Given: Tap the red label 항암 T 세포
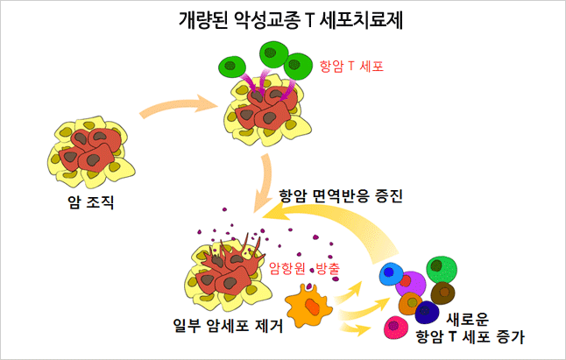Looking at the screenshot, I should (351, 66).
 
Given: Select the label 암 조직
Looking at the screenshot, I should (90, 203).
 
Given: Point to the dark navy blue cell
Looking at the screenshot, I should (428, 312).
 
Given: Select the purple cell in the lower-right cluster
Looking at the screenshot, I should (411, 283).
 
